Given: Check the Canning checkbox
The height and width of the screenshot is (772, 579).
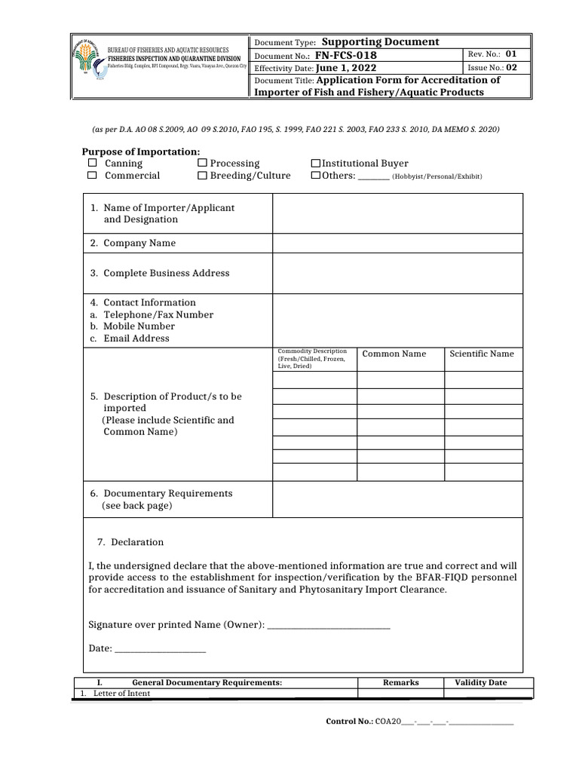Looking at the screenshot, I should pyautogui.click(x=91, y=163).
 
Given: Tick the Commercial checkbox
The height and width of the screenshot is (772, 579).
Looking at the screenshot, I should pyautogui.click(x=91, y=176).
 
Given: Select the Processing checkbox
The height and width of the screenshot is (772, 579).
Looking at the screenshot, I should pyautogui.click(x=202, y=163).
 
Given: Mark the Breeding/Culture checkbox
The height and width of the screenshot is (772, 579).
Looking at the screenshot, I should pyautogui.click(x=202, y=176).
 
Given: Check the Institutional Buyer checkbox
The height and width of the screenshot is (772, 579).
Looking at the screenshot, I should pyautogui.click(x=316, y=163).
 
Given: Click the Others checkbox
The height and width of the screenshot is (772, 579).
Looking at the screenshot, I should pyautogui.click(x=316, y=176).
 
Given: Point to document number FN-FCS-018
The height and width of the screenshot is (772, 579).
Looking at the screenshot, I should pyautogui.click(x=346, y=56).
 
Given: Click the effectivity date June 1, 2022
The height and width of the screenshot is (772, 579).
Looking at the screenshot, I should pyautogui.click(x=346, y=68).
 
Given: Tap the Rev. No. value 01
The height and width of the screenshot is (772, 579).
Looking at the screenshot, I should pyautogui.click(x=511, y=54).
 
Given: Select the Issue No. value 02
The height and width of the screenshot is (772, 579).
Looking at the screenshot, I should pyautogui.click(x=512, y=67).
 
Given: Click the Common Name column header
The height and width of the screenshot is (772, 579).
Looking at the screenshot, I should pyautogui.click(x=394, y=354).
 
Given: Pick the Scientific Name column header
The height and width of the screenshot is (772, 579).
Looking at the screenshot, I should pyautogui.click(x=482, y=354).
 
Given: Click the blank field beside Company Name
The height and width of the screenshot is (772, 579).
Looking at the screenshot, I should pyautogui.click(x=397, y=243).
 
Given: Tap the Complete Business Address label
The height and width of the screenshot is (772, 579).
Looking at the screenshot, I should pyautogui.click(x=166, y=273).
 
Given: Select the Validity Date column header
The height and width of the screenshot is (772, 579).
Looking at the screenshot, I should pyautogui.click(x=480, y=682).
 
